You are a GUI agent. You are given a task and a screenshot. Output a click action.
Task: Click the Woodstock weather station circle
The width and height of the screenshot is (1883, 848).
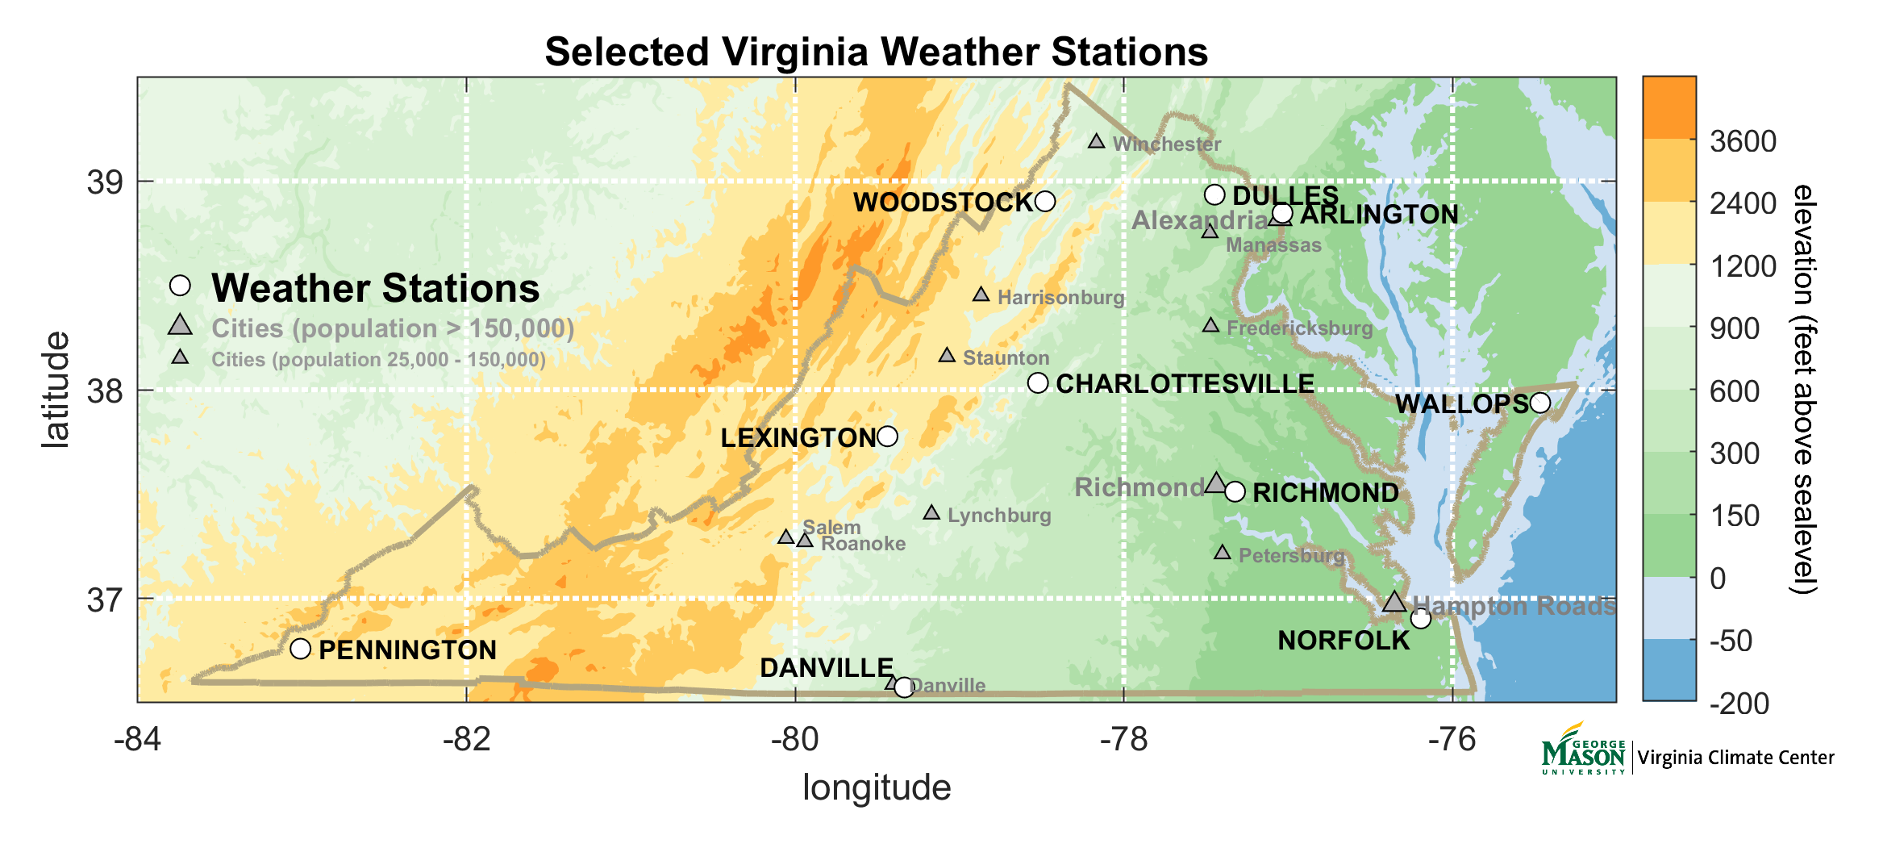click(x=1045, y=201)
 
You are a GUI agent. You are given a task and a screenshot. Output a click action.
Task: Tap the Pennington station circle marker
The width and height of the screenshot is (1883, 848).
click(x=300, y=649)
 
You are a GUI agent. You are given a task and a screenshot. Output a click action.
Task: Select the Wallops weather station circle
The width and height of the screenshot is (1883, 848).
click(x=1540, y=403)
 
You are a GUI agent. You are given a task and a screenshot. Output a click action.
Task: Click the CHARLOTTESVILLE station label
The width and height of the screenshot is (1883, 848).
click(x=1185, y=384)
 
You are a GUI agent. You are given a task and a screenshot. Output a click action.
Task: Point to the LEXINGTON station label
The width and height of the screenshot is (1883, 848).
click(x=798, y=437)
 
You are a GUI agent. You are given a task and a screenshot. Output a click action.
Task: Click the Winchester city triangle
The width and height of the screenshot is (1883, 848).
click(x=1097, y=142)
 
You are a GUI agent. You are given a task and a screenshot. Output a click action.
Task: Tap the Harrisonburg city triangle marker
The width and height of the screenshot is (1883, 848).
click(x=981, y=295)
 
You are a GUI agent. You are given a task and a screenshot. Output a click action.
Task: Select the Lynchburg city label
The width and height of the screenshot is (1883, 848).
click(x=998, y=516)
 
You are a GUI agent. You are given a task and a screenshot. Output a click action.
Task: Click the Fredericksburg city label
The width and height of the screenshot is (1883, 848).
click(x=1299, y=328)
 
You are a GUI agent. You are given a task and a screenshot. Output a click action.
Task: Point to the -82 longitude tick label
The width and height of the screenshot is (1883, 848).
click(x=466, y=740)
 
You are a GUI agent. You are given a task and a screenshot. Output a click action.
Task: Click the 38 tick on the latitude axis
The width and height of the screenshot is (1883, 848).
click(x=105, y=391)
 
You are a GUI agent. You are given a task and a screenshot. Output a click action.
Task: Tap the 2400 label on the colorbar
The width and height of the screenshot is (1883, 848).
click(x=1743, y=203)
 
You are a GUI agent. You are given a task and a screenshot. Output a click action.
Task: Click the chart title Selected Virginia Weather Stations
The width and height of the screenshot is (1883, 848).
click(x=876, y=52)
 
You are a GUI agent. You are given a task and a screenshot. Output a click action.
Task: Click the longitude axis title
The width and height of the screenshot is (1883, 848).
click(x=876, y=787)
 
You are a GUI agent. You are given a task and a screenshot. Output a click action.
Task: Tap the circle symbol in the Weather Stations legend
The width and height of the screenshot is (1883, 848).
click(x=180, y=286)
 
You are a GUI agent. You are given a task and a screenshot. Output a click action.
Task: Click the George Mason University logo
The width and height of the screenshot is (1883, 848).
click(x=1583, y=750)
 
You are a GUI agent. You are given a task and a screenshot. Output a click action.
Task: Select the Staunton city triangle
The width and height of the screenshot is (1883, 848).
click(x=948, y=356)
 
